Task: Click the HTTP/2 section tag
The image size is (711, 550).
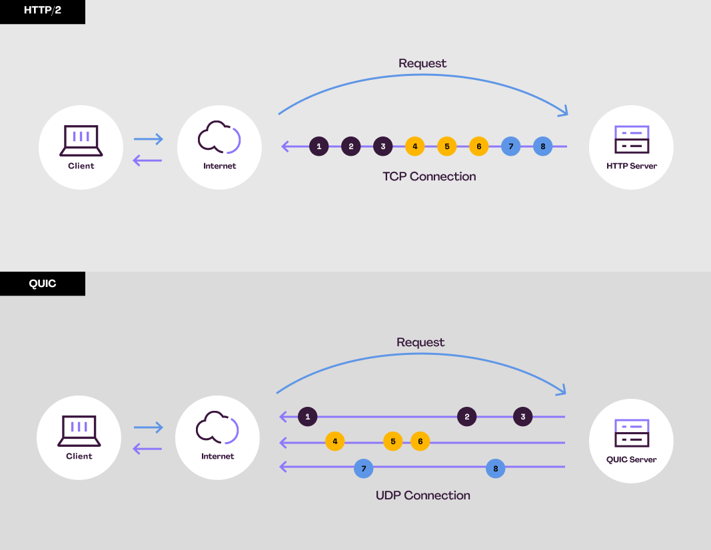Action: coord(42,11)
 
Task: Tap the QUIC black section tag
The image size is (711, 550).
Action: coord(42,284)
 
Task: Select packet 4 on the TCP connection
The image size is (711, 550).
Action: coord(414,146)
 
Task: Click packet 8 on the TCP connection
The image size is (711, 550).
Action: coord(543,146)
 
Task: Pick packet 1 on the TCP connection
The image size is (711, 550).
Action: coord(319,146)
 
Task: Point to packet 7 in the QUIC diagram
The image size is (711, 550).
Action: coord(363,468)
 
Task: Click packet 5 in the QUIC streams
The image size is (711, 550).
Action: coord(393,441)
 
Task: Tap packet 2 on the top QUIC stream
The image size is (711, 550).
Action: coord(467,417)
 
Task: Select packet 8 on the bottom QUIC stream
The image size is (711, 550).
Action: coord(495,468)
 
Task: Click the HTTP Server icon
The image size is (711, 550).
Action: coord(631,139)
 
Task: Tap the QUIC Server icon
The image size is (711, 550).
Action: coord(631,433)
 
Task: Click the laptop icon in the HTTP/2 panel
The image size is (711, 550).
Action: coord(81,139)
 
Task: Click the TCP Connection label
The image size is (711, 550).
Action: coord(429,176)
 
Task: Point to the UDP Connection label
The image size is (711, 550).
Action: coord(423,495)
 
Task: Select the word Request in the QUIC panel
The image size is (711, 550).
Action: coord(420,342)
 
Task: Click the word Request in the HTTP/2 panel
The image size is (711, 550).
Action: coord(422,63)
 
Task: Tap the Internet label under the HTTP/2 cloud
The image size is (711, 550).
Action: coord(219,166)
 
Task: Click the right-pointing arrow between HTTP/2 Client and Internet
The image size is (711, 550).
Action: coord(148,139)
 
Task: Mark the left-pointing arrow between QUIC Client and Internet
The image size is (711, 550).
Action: coord(148,449)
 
